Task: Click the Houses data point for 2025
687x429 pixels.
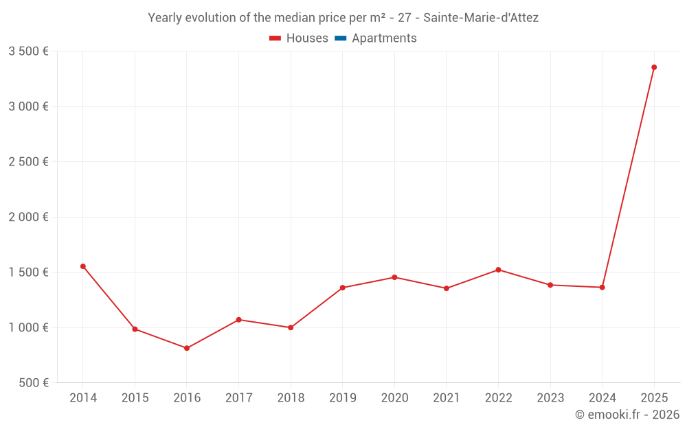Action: click(654, 67)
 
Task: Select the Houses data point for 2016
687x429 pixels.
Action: click(187, 348)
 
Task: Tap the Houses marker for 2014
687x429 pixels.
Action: click(83, 266)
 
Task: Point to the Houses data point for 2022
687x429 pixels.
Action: click(498, 270)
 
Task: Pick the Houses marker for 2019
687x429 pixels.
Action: click(343, 288)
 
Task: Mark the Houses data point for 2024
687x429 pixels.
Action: click(602, 287)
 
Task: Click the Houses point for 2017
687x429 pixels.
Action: click(238, 320)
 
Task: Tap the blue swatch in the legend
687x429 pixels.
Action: click(341, 38)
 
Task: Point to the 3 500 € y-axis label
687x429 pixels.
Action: click(28, 51)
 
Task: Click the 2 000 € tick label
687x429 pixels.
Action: click(28, 217)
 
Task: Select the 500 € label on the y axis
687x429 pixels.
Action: click(32, 383)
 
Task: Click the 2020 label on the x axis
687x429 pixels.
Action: click(394, 398)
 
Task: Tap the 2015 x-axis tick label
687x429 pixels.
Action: click(135, 398)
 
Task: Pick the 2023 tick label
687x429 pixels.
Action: click(550, 398)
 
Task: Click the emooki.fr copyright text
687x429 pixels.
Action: click(627, 415)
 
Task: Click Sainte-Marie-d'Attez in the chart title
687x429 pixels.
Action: click(481, 18)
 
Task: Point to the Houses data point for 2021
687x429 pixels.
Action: click(447, 288)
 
